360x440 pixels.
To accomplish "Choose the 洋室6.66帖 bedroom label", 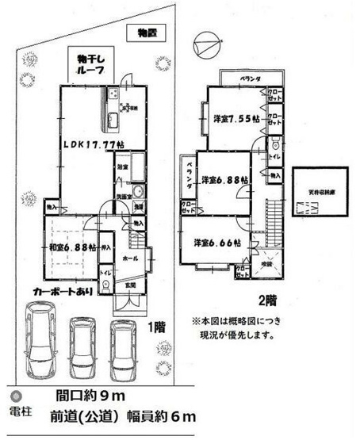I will [209, 243].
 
